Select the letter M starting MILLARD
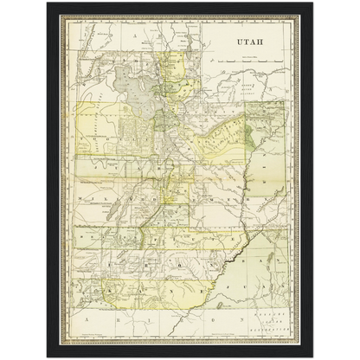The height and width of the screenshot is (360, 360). coord(79,196)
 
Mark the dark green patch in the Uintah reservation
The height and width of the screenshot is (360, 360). coord(250,134)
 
